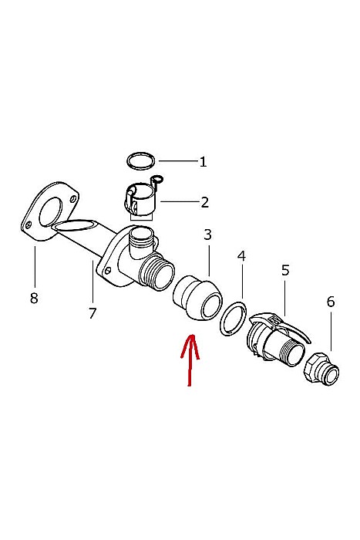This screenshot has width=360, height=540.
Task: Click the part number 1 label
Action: [x=203, y=162]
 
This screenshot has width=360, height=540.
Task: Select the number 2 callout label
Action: [x=205, y=202]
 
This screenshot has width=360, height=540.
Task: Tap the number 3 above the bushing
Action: [x=207, y=235]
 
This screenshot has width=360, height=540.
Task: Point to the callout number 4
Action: [x=241, y=256]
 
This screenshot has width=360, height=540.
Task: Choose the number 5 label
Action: [x=285, y=270]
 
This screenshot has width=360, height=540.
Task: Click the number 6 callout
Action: [x=331, y=302]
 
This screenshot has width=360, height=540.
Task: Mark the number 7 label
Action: [x=93, y=313]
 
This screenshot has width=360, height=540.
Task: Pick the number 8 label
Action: [x=34, y=298]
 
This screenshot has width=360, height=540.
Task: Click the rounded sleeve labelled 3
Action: [x=198, y=298]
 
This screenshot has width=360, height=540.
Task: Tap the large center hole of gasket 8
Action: [x=51, y=212]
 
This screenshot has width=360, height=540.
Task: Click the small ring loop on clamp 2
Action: [x=158, y=179]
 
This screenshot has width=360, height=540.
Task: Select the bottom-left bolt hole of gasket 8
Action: [x=29, y=225]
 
